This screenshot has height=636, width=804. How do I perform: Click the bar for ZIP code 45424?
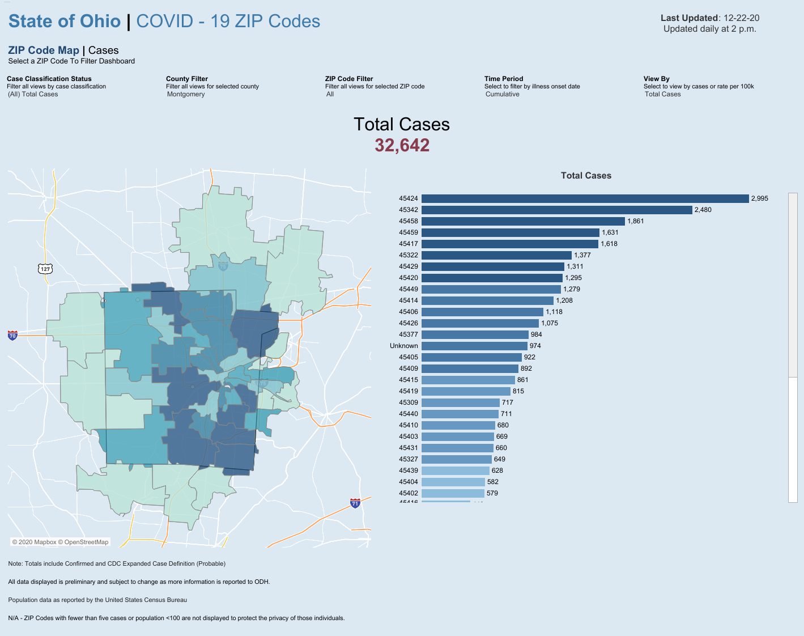pos(585,198)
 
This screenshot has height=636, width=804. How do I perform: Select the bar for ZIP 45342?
pos(557,210)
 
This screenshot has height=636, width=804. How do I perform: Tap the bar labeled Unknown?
pos(474,346)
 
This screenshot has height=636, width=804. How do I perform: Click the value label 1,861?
pos(635,221)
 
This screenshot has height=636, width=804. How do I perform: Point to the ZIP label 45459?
pos(408,232)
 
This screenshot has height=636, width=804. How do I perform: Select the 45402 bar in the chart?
pos(453,493)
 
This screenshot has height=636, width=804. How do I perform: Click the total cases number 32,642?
pos(402,145)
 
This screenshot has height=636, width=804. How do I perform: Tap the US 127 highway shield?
pos(45,268)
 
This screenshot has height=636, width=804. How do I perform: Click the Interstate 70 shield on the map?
pos(12,335)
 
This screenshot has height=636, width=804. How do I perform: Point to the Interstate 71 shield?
pos(355,503)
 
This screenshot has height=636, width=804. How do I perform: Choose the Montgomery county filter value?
pos(186,94)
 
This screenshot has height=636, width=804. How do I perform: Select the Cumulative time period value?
pos(502,94)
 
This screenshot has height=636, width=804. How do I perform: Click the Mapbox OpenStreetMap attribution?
pos(60,542)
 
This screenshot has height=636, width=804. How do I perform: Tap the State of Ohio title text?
pos(65,22)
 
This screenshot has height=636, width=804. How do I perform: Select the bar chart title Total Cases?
pos(586,176)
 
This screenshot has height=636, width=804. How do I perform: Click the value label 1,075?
pos(549,323)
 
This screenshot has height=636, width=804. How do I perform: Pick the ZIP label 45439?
pos(408,470)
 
